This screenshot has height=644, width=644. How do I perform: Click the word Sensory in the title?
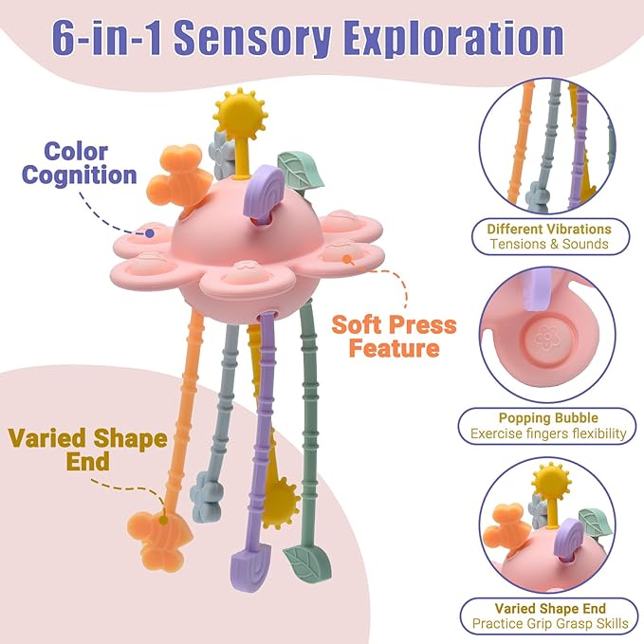pyautogui.click(x=254, y=40)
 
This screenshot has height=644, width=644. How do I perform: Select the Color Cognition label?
pyautogui.click(x=80, y=163)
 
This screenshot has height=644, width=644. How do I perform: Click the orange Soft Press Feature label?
pyautogui.click(x=394, y=336)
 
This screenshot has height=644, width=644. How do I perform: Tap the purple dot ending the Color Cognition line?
pyautogui.click(x=150, y=233)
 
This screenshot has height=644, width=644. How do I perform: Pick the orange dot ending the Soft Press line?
pyautogui.click(x=347, y=259)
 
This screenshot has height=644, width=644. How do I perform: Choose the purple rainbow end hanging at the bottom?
pyautogui.click(x=250, y=563)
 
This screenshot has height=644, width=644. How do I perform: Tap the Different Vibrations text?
pyautogui.click(x=549, y=229)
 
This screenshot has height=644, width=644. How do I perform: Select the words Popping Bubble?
pyautogui.click(x=548, y=417)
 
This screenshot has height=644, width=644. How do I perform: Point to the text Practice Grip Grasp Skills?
pyautogui.click(x=550, y=623)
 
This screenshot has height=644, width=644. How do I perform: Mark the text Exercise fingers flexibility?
pyautogui.click(x=548, y=433)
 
